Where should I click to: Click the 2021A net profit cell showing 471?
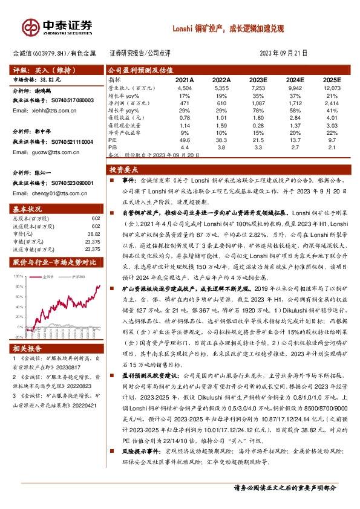(185, 103)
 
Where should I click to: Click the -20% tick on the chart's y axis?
(19, 337)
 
